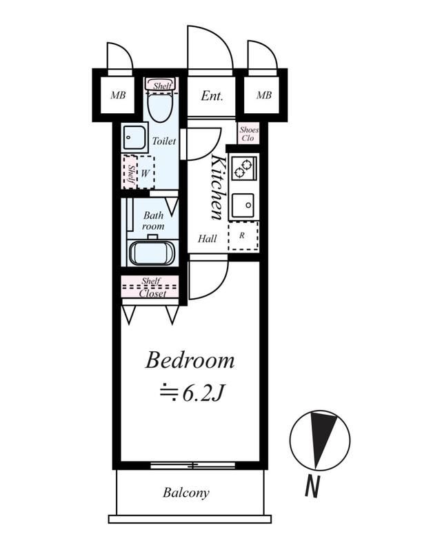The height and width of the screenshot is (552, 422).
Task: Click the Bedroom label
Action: pos(190,361)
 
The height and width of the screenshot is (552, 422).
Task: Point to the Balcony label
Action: pos(185,493)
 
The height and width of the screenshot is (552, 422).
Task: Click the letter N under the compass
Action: pos(312,486)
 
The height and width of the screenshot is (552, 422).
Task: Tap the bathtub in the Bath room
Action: pos(152,253)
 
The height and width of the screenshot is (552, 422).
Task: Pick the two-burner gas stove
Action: pos(244,168)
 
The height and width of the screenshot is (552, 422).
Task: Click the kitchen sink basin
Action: pos(243,206)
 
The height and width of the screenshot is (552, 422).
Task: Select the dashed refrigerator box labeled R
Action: pos(243,236)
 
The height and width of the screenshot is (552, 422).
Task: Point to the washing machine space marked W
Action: pos(145,172)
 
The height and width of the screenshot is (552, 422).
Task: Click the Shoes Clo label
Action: pos(249,134)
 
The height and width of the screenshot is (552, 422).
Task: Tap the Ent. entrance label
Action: pos(212,96)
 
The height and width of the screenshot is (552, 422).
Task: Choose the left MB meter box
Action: pos(118,95)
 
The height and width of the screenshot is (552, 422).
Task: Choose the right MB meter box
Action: pos(263,95)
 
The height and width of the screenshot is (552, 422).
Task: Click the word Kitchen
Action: pos(218,188)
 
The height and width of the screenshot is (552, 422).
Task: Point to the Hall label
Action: pos(207,239)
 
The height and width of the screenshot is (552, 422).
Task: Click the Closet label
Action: pos(152,293)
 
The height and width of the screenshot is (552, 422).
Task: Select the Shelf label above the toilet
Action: pos(162,86)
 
